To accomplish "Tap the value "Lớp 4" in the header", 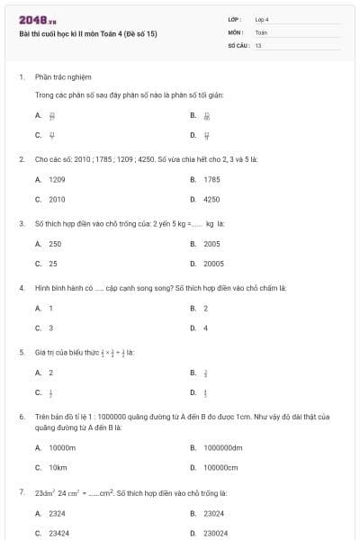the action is (x=262, y=19).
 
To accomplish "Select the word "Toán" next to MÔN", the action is (x=261, y=31).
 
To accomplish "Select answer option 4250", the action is (x=211, y=199).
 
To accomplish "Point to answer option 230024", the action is (x=215, y=533).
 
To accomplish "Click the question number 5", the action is (x=21, y=352).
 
